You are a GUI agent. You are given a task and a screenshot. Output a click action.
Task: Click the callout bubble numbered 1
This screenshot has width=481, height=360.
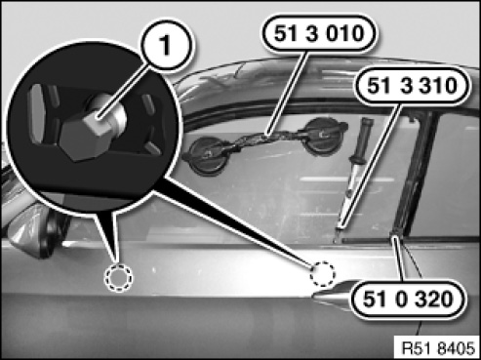pyautogui.click(x=166, y=45)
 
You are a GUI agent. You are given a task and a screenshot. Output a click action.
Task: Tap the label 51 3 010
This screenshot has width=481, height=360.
pyautogui.click(x=319, y=33)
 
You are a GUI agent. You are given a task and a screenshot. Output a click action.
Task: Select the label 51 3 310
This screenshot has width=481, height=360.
pyautogui.click(x=412, y=86)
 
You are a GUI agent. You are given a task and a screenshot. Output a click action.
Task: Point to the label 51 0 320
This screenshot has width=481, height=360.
pyautogui.click(x=408, y=299)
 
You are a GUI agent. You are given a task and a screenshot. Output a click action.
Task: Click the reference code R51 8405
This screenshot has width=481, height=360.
pyautogui.click(x=438, y=348)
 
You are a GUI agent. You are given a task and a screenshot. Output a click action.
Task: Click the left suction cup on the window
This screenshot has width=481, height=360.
pyautogui.click(x=206, y=155)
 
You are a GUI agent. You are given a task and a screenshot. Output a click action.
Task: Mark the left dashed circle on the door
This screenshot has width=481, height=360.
pyautogui.click(x=118, y=277)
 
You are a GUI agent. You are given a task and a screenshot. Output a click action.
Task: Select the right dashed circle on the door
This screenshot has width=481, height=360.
pyautogui.click(x=322, y=274)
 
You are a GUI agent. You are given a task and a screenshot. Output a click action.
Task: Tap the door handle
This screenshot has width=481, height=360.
pyautogui.click(x=332, y=296)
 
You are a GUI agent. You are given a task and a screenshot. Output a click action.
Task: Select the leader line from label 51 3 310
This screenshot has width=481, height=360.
pyautogui.click(x=370, y=167)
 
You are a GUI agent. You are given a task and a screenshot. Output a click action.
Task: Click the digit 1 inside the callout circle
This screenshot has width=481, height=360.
pyautogui.click(x=166, y=45)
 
